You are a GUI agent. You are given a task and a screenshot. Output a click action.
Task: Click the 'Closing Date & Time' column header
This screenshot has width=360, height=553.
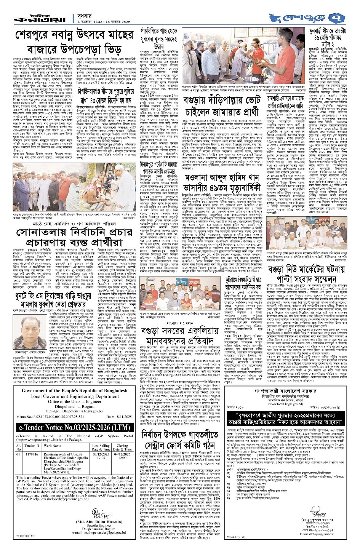122,447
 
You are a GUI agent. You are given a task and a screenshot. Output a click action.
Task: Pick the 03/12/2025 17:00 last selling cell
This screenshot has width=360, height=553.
101,456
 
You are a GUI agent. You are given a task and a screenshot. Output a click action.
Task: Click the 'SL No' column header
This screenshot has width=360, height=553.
19,447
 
